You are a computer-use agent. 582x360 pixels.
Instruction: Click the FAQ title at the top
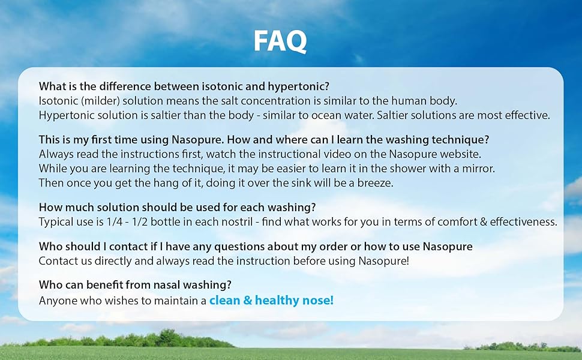[x=280, y=41]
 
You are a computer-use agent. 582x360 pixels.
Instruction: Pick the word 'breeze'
[x=376, y=182]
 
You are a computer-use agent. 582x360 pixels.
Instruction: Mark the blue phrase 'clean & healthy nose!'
[x=271, y=301]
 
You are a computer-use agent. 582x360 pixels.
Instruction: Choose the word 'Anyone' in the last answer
[x=56, y=301]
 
